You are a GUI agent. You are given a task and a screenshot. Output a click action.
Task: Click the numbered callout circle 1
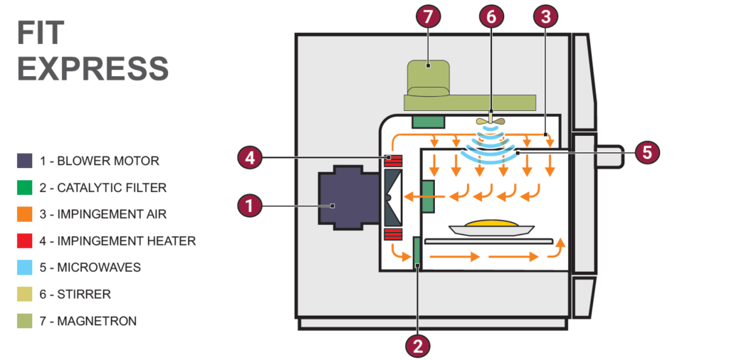pos(248,206)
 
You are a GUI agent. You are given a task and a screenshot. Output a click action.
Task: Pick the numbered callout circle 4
pos(248,157)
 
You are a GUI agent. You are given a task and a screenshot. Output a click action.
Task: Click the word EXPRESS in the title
pos(93,69)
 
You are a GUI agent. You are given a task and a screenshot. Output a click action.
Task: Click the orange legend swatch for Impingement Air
pos(25,214)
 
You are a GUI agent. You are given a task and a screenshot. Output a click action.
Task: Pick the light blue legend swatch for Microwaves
pos(25,268)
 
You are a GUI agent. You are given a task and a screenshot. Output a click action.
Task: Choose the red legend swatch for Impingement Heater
pos(25,241)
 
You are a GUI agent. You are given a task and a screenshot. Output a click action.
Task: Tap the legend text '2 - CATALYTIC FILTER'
pos(103,188)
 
